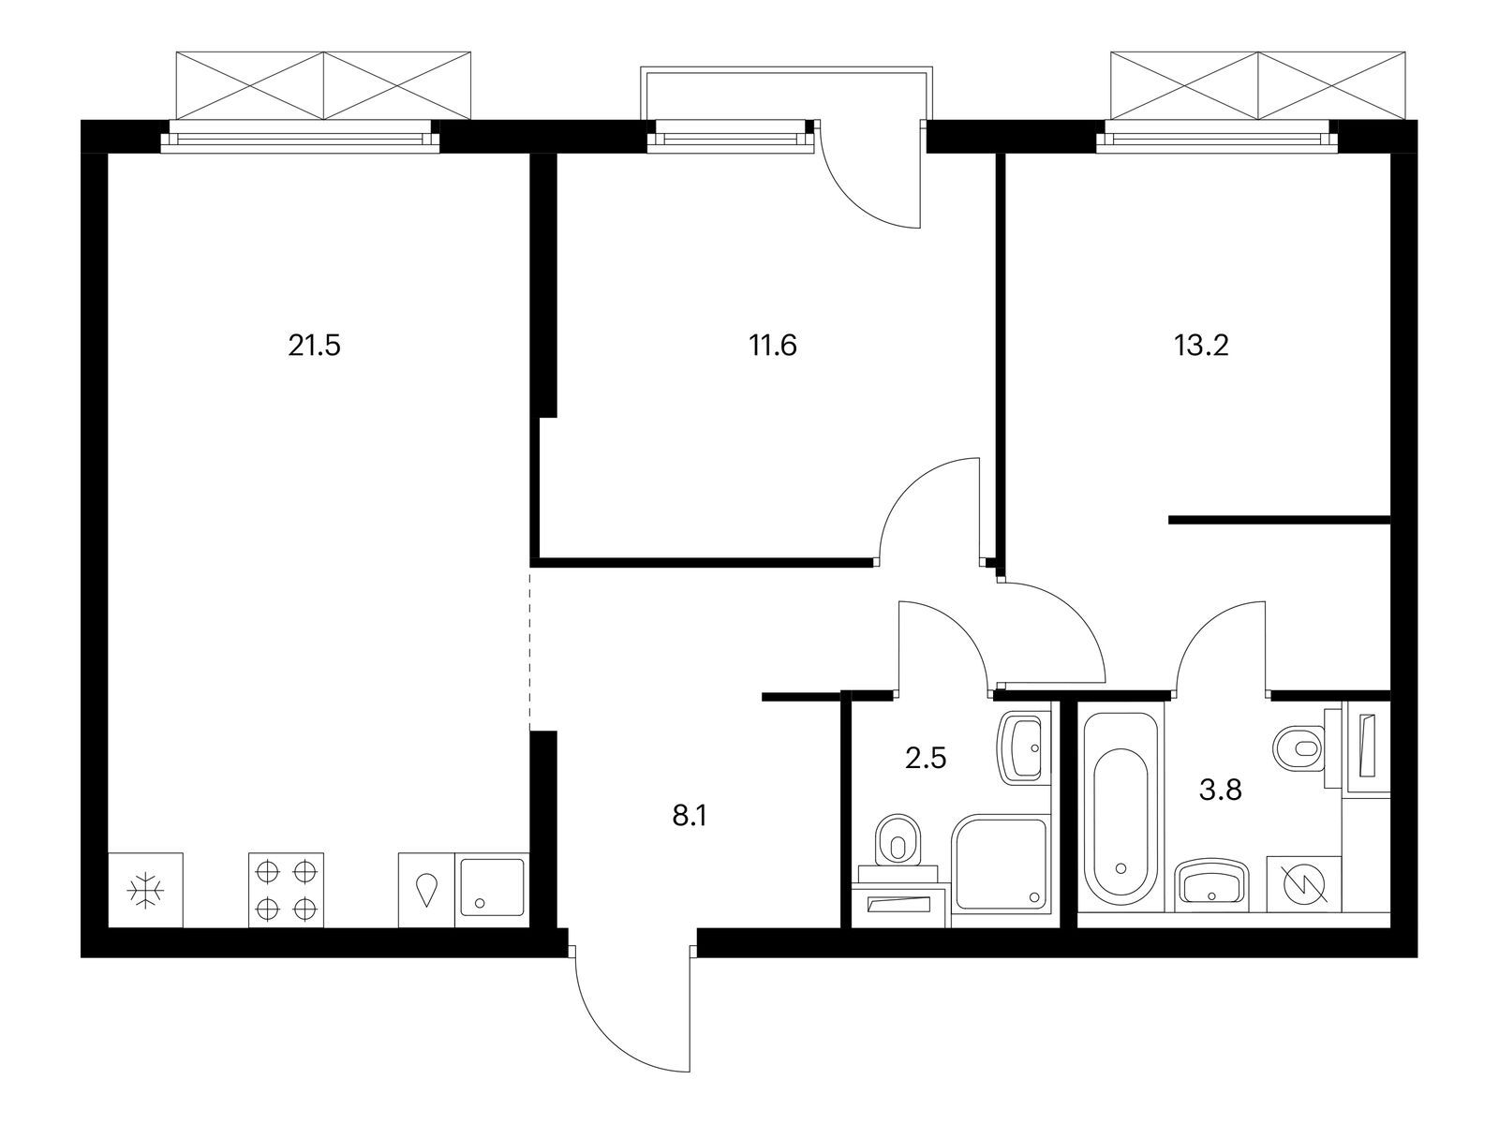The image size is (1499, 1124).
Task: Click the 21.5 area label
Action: (314, 346)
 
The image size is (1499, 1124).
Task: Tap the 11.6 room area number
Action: (772, 346)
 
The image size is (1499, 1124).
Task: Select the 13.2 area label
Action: (1201, 346)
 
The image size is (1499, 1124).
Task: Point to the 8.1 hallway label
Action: (689, 816)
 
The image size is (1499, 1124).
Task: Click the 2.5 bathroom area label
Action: (926, 758)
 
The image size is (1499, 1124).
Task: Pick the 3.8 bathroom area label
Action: (1221, 791)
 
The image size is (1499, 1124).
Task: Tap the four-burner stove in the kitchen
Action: (286, 890)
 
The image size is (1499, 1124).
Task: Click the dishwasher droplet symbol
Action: (426, 889)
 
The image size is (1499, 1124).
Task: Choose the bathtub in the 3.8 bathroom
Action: (1120, 811)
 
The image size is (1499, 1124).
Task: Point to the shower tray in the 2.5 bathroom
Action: (1000, 863)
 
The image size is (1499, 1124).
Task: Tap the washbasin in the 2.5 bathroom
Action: (1021, 748)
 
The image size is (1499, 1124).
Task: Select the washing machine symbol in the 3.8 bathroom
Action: (1304, 884)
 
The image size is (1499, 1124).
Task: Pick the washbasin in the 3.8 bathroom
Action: (1211, 885)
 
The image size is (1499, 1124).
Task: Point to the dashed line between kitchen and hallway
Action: (530, 647)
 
